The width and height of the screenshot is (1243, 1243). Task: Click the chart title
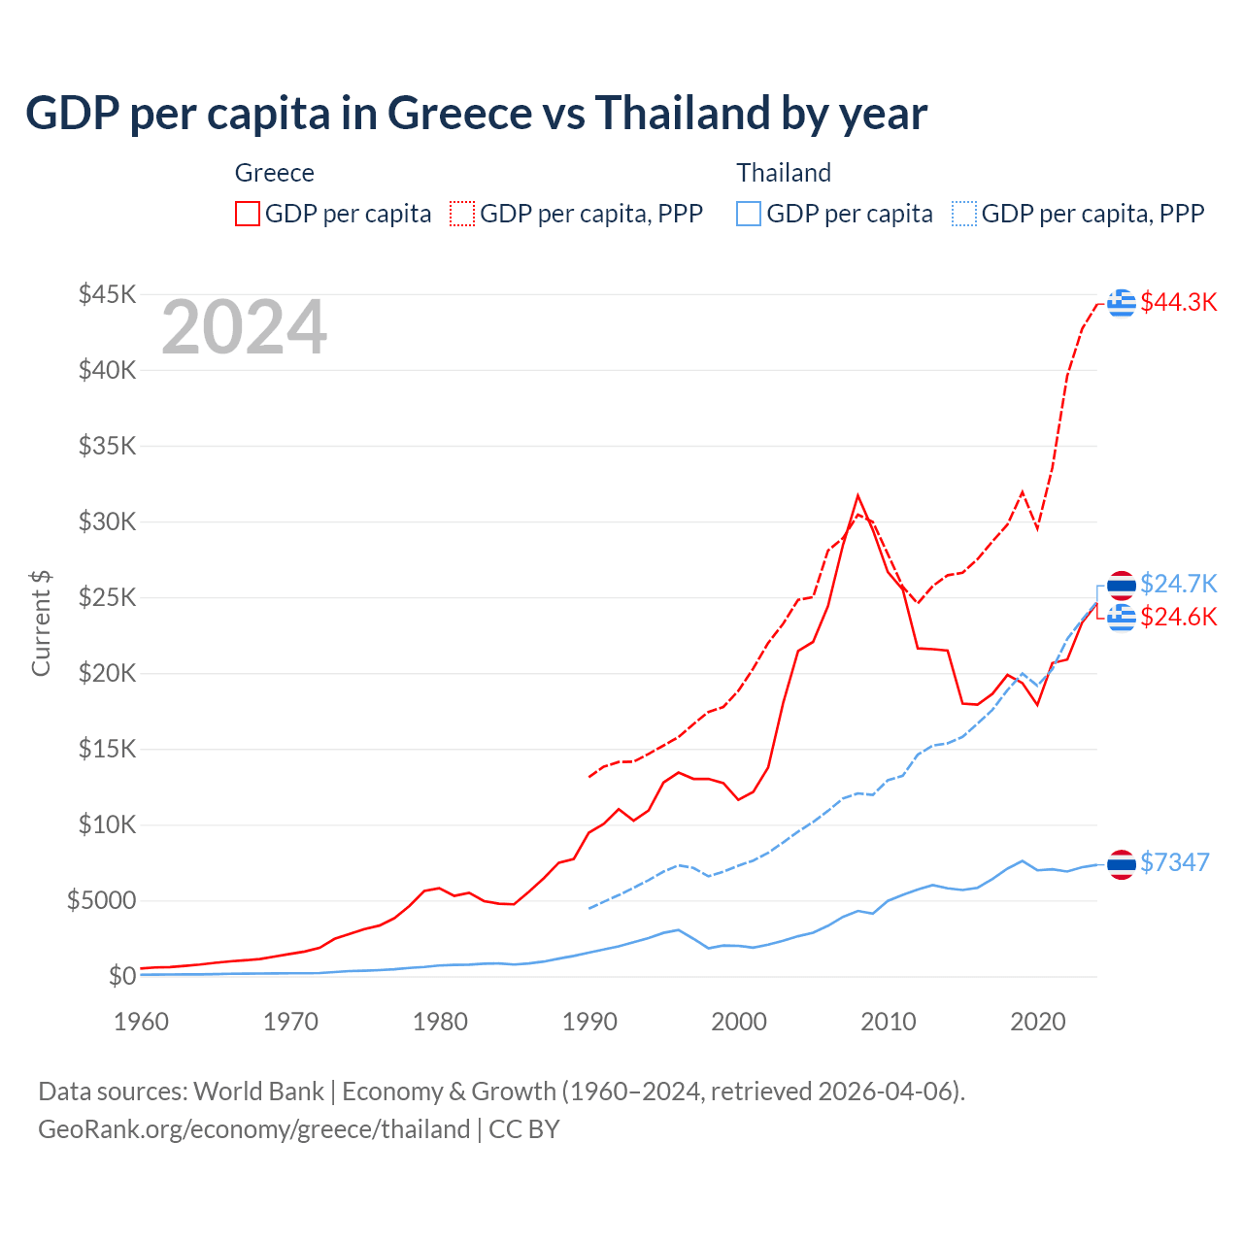coord(476,113)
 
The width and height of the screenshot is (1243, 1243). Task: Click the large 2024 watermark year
coord(244,328)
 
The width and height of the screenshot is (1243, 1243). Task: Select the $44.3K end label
coord(1178,302)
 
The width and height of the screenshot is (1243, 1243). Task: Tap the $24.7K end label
coord(1178,584)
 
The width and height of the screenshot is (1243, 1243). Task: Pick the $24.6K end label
coord(1178,617)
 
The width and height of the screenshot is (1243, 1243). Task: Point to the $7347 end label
coord(1174,862)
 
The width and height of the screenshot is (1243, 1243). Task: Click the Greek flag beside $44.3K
coord(1122,303)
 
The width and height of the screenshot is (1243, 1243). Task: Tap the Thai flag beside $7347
coord(1122,863)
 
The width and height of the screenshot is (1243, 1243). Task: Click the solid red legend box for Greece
coord(248,214)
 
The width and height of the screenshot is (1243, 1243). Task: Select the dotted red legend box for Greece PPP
coord(462,214)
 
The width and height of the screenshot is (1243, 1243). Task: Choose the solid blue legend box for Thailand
coord(749,214)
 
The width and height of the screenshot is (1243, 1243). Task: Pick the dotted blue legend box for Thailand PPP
coord(964,214)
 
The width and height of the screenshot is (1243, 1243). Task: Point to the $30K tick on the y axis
coord(107,521)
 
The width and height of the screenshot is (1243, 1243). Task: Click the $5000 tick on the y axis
coord(101,900)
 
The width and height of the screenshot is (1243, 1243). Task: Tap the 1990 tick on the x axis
coord(589,1022)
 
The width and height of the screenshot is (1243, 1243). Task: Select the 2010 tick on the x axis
coord(889,1022)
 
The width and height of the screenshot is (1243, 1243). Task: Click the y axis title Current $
coord(41,623)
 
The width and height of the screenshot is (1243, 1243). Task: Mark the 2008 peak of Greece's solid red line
coord(857,496)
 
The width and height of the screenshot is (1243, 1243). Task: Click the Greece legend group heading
coord(275,173)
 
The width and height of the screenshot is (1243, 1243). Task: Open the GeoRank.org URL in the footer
coord(254,1129)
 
